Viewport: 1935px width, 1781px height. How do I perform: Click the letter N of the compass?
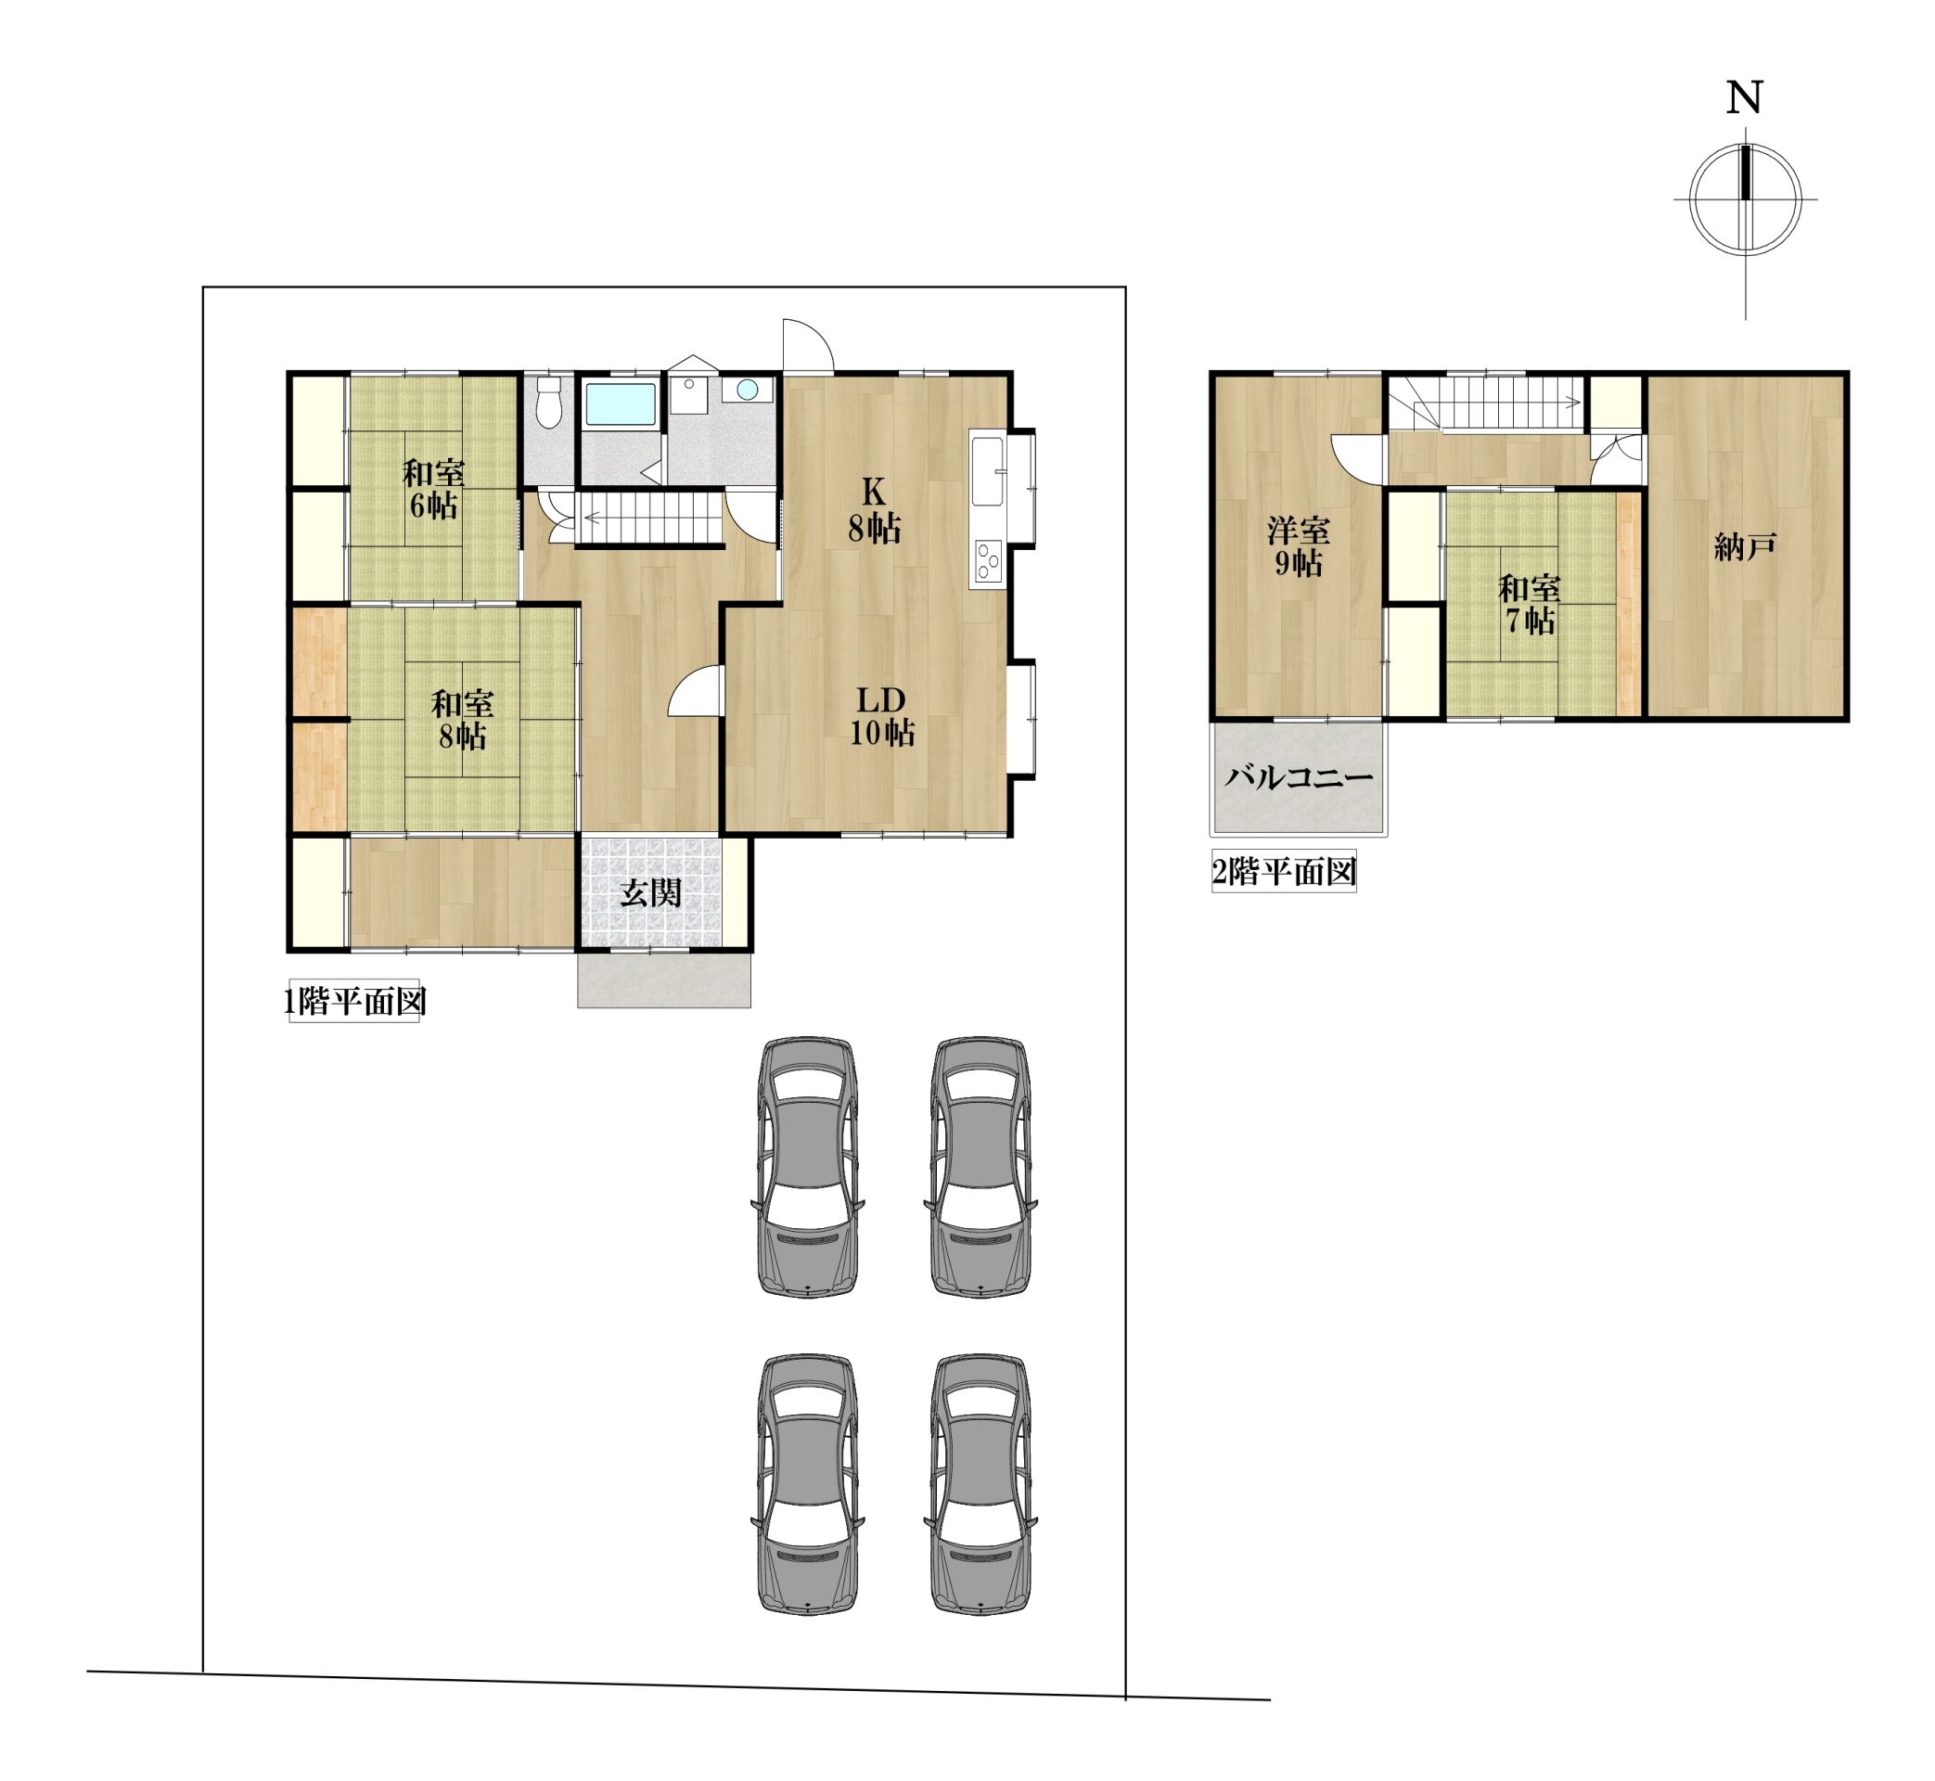[1744, 97]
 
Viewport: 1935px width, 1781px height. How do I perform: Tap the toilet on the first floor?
[548, 402]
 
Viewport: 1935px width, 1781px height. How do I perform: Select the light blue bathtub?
[621, 404]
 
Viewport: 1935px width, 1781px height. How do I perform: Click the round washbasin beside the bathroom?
[747, 390]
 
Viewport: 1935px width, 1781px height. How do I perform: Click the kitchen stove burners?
[988, 561]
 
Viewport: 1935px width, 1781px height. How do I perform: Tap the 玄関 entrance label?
[650, 893]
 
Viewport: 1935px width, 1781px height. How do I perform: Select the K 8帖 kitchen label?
[874, 511]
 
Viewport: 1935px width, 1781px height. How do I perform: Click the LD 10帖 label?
[882, 716]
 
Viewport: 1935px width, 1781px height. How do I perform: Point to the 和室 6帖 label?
[433, 490]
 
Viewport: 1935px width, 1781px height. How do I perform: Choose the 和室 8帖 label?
[463, 720]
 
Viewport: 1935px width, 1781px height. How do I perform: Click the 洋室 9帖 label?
[1298, 546]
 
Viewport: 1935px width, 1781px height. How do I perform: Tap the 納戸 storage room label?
[1745, 547]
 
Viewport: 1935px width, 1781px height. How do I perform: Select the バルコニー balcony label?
[1298, 777]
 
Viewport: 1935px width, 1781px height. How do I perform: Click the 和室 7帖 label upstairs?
[1530, 604]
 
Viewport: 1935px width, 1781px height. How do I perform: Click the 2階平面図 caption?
[1284, 872]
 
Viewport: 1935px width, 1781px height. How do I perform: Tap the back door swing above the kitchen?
[808, 345]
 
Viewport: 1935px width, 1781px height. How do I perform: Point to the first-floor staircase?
[650, 520]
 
